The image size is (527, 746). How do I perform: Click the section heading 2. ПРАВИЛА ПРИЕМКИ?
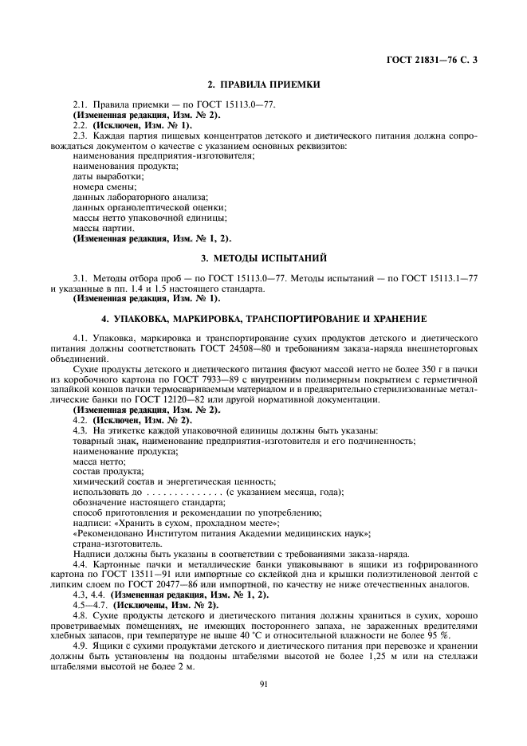pyautogui.click(x=263, y=84)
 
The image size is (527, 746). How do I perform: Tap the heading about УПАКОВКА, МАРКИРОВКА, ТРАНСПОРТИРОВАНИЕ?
pyautogui.click(x=263, y=318)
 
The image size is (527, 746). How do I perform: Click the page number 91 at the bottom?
pyautogui.click(x=263, y=682)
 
